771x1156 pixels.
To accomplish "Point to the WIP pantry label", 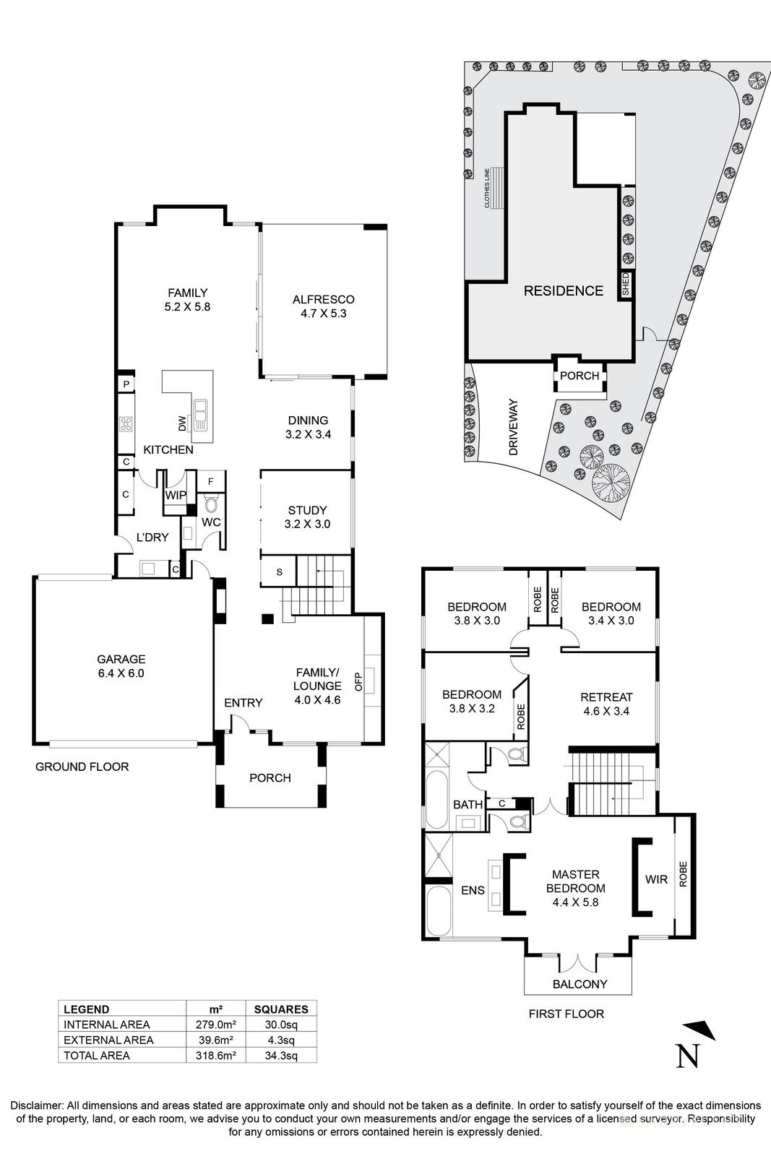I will [x=175, y=495].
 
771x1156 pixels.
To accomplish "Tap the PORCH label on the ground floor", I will [x=270, y=778].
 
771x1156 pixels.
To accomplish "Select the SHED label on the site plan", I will [x=626, y=284].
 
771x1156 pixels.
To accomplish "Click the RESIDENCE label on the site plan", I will [x=563, y=290].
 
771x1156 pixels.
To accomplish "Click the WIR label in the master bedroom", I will [x=656, y=879].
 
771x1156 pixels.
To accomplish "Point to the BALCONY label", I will [x=580, y=984].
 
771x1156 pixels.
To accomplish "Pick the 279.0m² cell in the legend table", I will [x=215, y=1025].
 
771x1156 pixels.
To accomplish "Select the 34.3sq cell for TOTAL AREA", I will [x=280, y=1056].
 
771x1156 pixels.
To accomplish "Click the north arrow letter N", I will [x=687, y=1056].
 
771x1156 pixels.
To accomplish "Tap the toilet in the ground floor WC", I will [x=212, y=504].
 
